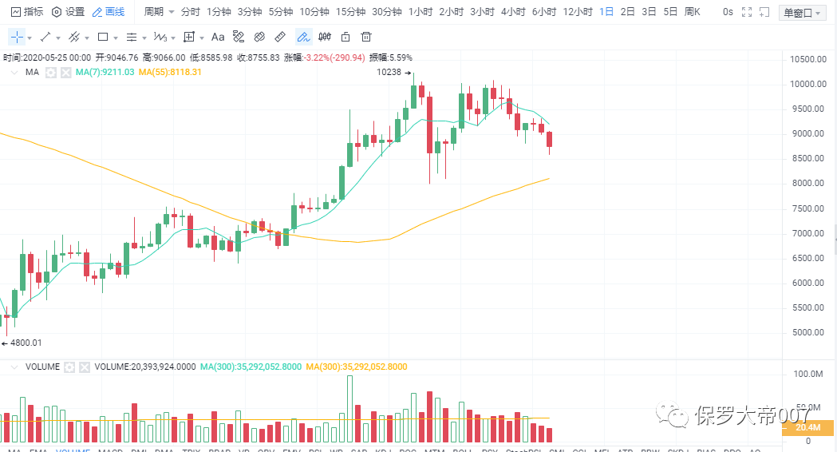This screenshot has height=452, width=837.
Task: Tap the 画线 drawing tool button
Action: (x=109, y=12)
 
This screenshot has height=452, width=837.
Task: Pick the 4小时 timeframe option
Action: (x=513, y=12)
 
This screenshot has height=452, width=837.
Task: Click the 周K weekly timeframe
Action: (x=692, y=12)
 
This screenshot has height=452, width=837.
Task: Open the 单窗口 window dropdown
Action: (x=801, y=13)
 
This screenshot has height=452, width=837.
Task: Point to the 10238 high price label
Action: (x=389, y=72)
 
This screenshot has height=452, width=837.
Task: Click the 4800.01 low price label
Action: (x=25, y=343)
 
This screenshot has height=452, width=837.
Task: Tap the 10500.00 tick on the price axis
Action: (x=807, y=60)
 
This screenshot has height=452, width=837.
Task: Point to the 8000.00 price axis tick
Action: (x=807, y=184)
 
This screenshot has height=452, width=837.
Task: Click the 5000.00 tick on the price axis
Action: (x=807, y=333)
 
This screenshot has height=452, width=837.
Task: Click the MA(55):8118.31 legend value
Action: (x=170, y=72)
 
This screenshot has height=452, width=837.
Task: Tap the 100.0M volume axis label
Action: (x=808, y=374)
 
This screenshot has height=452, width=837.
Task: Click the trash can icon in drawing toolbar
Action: (x=366, y=37)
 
